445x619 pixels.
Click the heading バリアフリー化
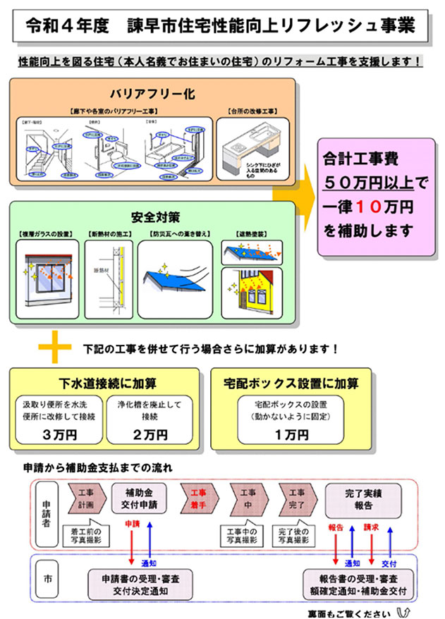(x=152, y=94)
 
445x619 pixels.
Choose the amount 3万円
(x=59, y=435)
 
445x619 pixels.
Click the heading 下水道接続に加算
(x=108, y=384)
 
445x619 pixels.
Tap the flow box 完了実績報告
(x=363, y=498)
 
